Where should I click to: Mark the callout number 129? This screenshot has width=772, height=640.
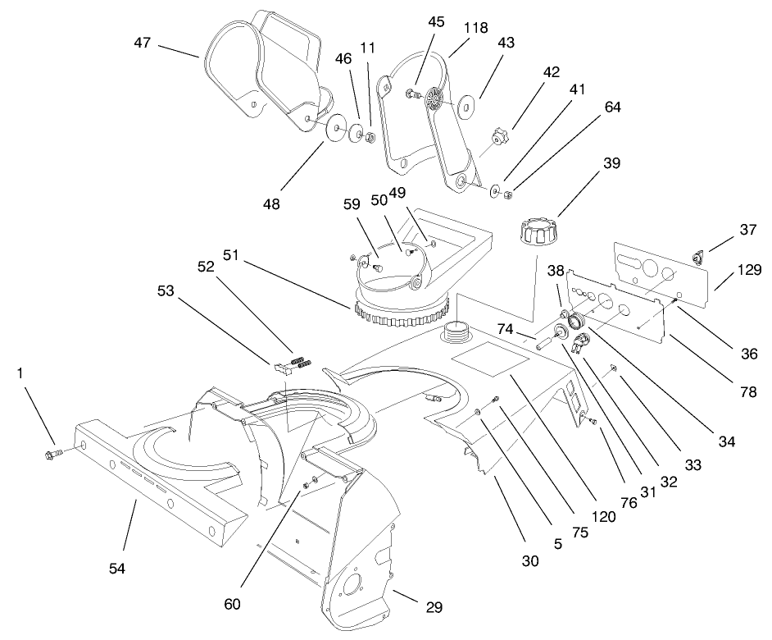point(749,269)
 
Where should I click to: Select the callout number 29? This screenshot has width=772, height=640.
point(434,607)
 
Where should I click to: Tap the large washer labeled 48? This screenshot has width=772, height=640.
point(336,129)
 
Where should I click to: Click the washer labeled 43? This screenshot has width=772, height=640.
point(469,107)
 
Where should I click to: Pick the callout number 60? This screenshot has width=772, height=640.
point(232,605)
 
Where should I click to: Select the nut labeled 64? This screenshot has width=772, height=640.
point(508,194)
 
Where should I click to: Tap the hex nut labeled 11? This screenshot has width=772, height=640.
point(369,135)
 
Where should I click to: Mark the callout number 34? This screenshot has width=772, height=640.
point(726,441)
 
